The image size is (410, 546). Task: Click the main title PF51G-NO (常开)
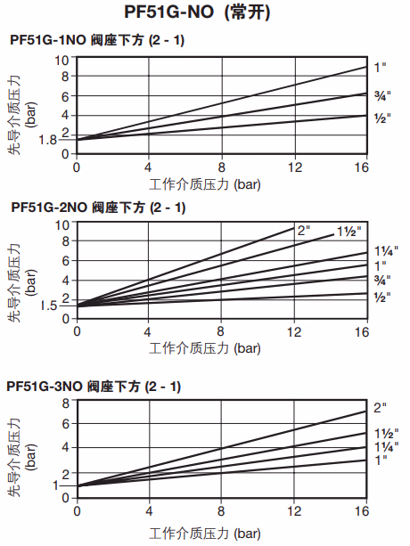(x=206, y=15)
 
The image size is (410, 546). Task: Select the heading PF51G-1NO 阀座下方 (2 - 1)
(x=97, y=41)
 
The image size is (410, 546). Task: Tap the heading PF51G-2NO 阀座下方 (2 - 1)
(x=97, y=207)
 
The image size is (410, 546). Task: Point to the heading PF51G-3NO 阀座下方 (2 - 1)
(x=94, y=387)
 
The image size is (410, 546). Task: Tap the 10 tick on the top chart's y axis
(x=61, y=60)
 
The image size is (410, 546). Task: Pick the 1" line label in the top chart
(x=380, y=68)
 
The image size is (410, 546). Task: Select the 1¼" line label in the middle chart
(x=385, y=251)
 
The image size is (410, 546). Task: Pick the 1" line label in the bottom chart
(x=380, y=460)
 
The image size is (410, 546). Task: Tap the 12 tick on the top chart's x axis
(x=294, y=167)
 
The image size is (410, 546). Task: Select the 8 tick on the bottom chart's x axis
(x=221, y=511)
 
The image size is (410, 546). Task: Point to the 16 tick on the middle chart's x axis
(x=362, y=331)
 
